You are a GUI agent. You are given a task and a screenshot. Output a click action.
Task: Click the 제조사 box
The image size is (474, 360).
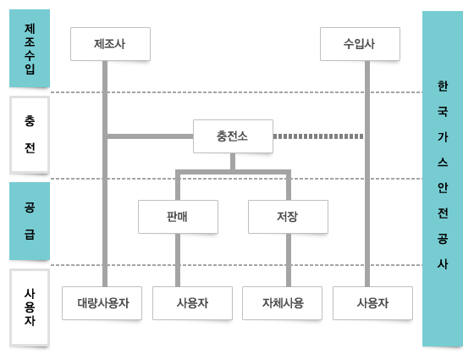point(110,44)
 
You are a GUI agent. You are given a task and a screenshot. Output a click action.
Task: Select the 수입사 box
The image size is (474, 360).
point(360,44)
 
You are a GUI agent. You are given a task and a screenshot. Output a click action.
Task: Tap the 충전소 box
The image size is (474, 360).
point(233,136)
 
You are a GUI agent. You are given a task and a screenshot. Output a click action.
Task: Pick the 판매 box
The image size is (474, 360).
point(178,217)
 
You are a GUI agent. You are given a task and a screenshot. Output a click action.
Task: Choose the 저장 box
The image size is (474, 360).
point(288,217)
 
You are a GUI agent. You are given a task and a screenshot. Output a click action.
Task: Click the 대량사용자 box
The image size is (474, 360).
point(102,303)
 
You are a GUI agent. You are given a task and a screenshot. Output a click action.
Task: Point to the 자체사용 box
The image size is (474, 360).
point(282,303)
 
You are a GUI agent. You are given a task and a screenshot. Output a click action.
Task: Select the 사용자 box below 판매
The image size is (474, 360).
point(193,303)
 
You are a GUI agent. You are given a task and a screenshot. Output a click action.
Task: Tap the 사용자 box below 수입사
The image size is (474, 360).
point(372,303)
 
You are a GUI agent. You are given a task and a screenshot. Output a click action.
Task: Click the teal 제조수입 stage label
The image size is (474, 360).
point(30,48)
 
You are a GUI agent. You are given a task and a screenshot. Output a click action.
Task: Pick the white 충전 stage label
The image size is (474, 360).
point(30,135)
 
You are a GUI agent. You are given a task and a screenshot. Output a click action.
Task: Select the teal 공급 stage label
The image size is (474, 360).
point(30,221)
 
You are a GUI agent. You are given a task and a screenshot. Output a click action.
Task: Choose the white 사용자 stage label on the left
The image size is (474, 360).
point(30,307)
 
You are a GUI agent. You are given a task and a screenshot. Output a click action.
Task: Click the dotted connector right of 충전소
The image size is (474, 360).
point(318,136)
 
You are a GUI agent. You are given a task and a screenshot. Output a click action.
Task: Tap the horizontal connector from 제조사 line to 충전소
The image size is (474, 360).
point(151,136)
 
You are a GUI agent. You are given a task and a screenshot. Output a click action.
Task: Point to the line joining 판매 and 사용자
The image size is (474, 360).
point(178,260)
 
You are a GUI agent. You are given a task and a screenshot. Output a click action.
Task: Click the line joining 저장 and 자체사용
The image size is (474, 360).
point(289,260)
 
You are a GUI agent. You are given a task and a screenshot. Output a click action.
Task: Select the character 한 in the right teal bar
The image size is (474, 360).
point(443,86)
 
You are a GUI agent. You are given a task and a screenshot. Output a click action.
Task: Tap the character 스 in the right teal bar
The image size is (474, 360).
point(443,163)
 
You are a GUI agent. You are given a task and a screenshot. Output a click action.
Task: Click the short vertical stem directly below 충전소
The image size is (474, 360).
point(233,161)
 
